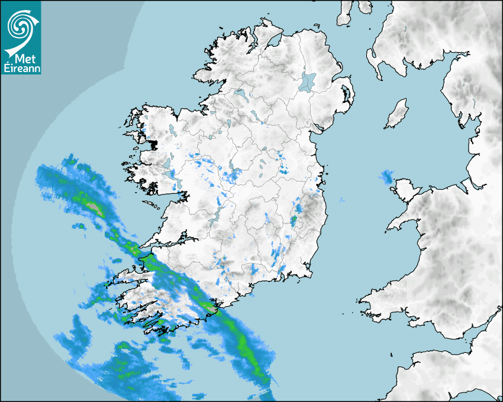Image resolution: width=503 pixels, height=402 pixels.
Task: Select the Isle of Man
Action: coord(397,114)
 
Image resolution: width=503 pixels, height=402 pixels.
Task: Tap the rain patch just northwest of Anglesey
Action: coord(387,176)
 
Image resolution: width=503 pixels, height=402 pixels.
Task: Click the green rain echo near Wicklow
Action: coord(294,221)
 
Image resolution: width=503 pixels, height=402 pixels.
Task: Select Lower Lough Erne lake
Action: coord(240,94)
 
